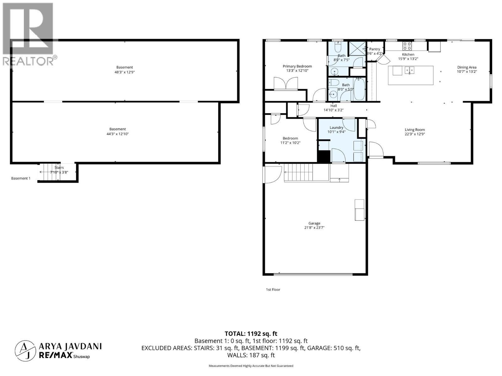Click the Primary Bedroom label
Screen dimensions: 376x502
[x=297, y=66]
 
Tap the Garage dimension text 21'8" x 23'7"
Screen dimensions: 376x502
[x=314, y=228]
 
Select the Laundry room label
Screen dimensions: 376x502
[x=336, y=128]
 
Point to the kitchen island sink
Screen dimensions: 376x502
[x=409, y=70]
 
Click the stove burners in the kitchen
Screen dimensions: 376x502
[x=407, y=46]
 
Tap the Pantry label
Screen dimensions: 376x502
[x=375, y=49]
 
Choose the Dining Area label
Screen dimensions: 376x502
[x=467, y=67]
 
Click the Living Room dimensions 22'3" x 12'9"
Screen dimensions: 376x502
[x=414, y=134]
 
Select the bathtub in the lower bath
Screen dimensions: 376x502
[x=359, y=89]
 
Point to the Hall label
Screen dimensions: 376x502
[x=334, y=106]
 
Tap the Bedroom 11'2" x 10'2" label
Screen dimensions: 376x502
[x=290, y=138]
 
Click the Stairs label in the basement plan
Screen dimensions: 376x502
[x=59, y=168]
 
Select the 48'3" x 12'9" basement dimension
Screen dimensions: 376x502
[x=125, y=72]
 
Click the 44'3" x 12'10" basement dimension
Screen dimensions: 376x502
[x=118, y=134]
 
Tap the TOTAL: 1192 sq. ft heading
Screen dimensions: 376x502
[x=251, y=334]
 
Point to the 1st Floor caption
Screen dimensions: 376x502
[x=273, y=290]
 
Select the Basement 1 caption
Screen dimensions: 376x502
[x=21, y=178]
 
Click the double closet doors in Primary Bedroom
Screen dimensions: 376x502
[x=286, y=84]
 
